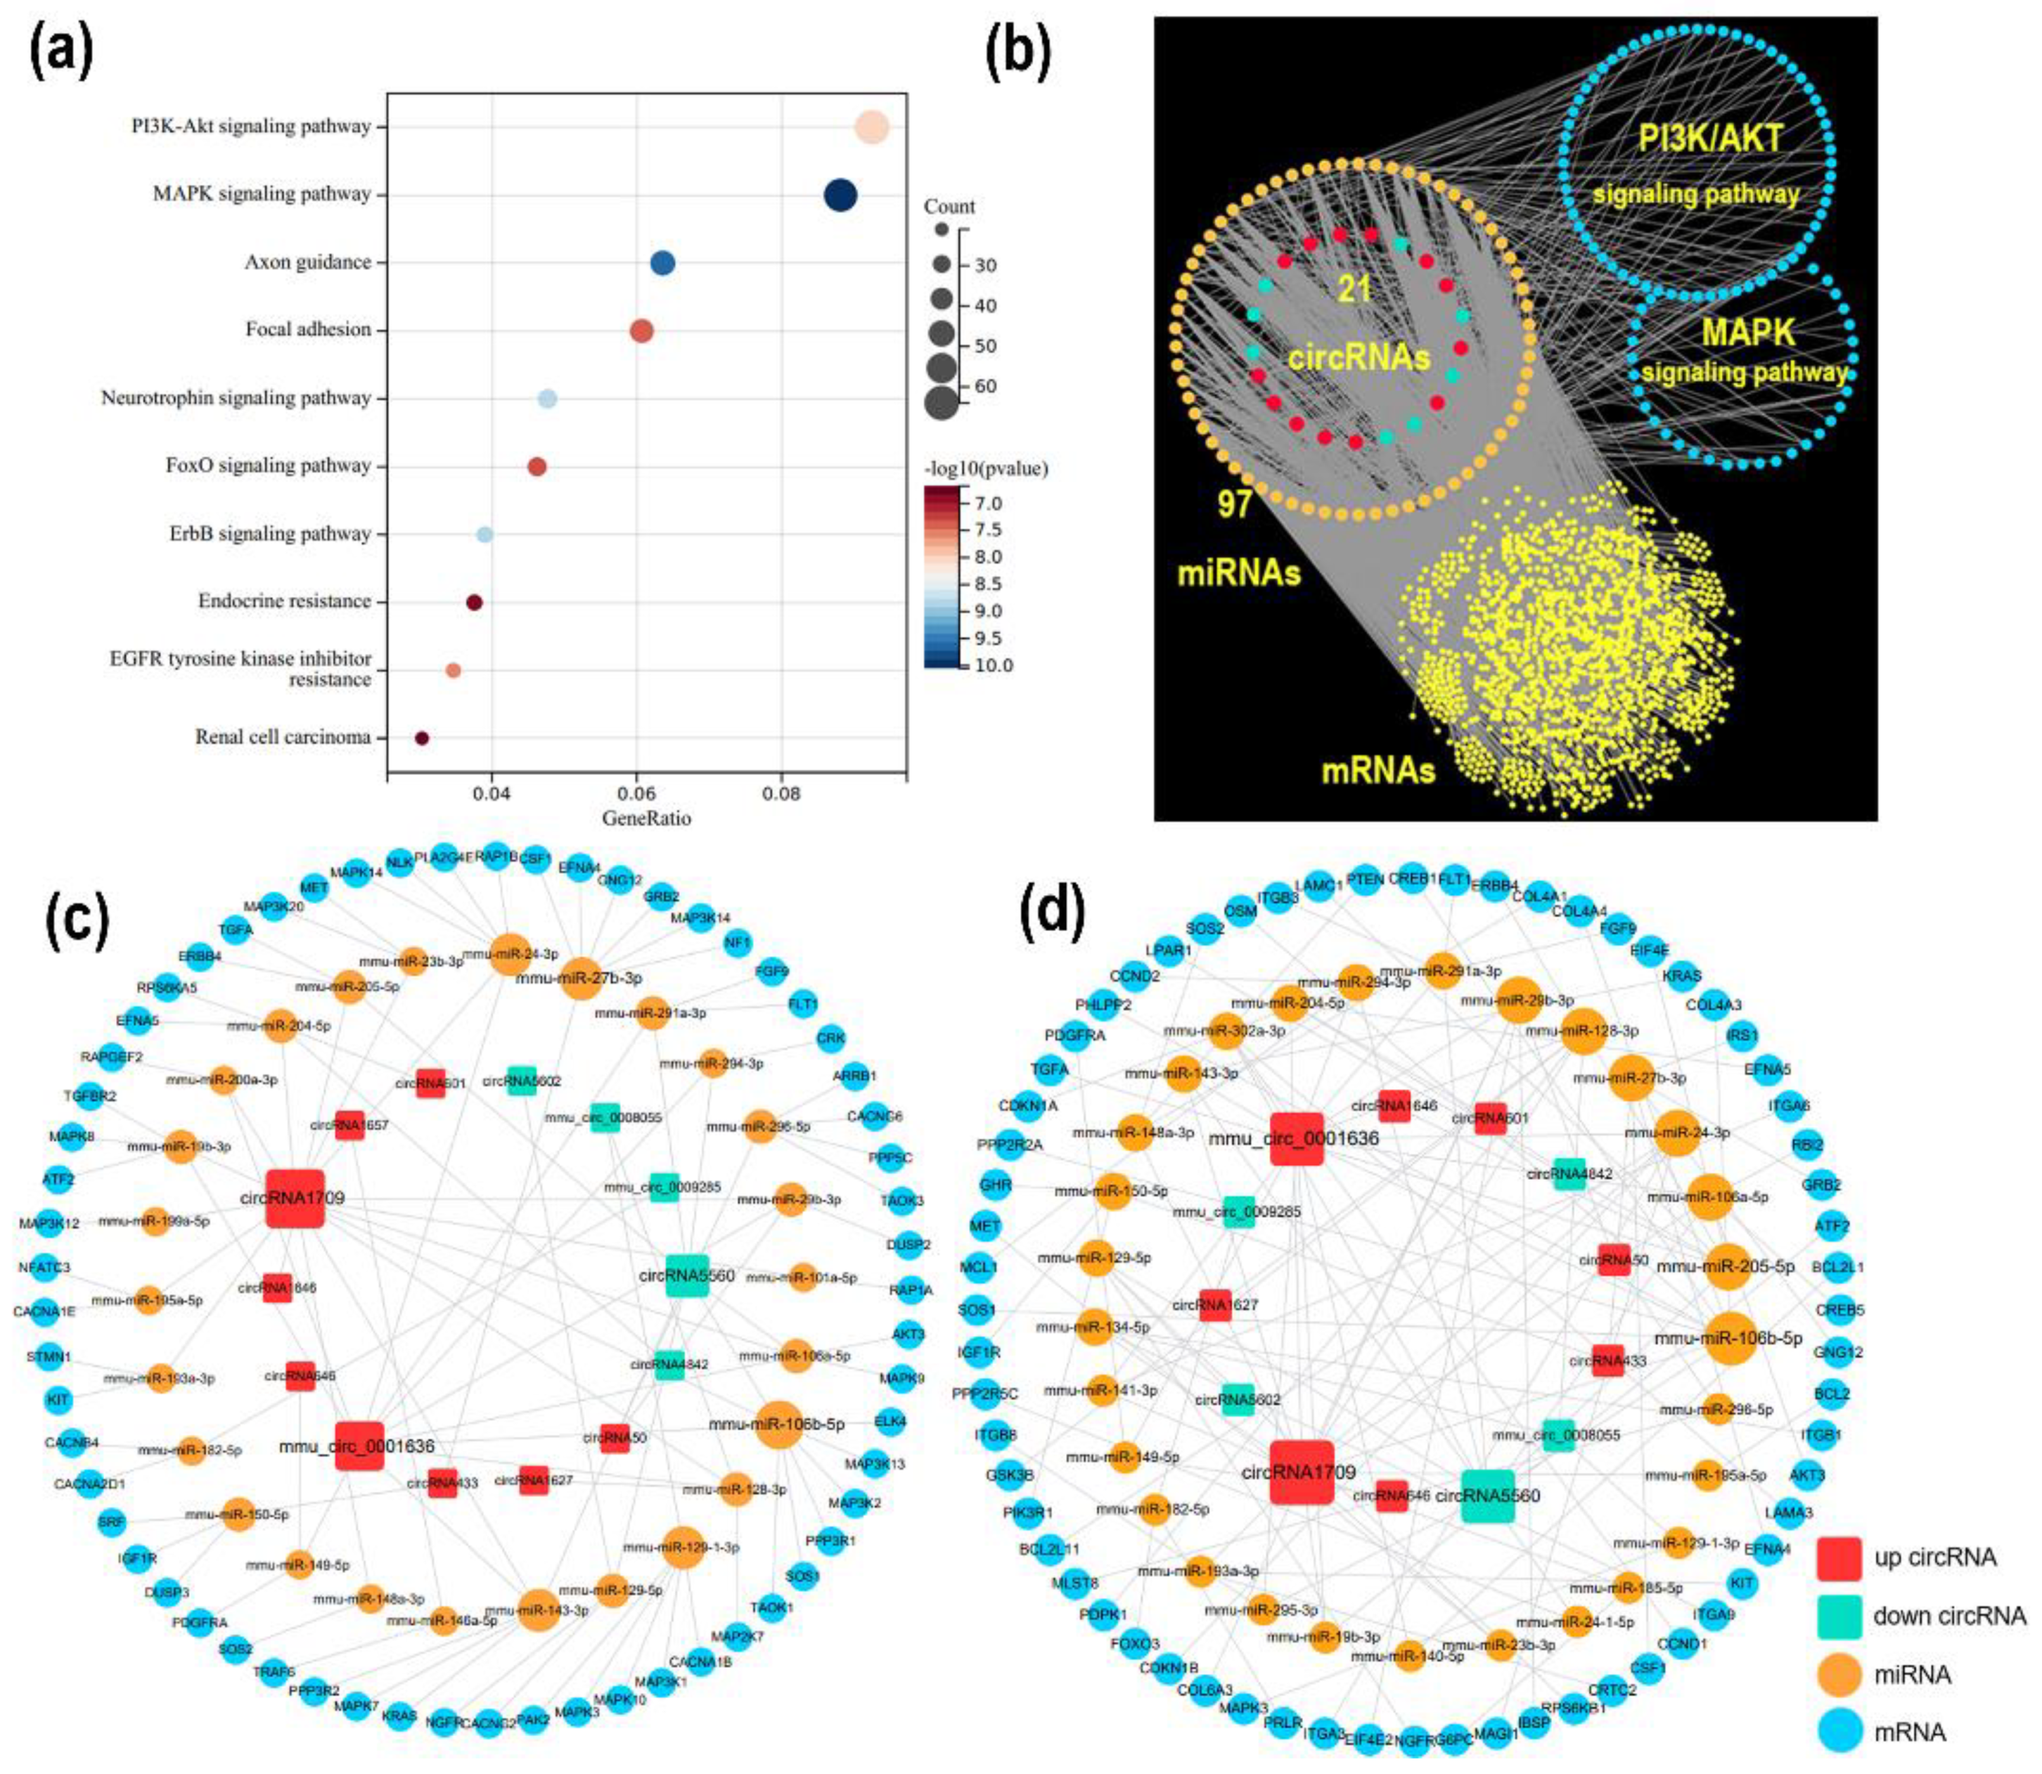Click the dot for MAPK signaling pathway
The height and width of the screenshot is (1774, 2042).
coord(840,195)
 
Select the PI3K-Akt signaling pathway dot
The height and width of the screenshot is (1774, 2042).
coord(872,128)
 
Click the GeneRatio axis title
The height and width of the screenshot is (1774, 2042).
coord(646,819)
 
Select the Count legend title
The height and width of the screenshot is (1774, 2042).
coord(949,207)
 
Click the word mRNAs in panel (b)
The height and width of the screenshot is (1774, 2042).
coord(1378,770)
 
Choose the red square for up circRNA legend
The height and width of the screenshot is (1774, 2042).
coord(1839,1558)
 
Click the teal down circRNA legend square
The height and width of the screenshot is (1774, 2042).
coord(1839,1616)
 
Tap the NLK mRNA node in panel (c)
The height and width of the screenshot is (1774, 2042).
coord(400,861)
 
